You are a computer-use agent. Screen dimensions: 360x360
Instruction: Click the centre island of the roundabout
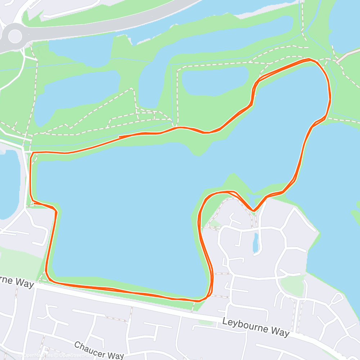(15, 36)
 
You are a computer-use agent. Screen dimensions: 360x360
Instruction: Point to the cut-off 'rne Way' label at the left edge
(16, 282)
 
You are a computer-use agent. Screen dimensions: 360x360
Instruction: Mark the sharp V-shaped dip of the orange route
(253, 211)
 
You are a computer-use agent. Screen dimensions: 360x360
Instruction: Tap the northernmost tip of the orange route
(309, 59)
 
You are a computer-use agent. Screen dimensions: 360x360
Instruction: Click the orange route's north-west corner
(33, 153)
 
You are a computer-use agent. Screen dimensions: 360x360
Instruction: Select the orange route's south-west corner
(48, 279)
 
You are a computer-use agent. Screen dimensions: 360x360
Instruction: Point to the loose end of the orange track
(119, 136)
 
